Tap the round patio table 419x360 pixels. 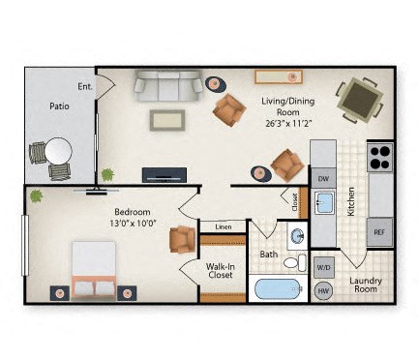point(58,152)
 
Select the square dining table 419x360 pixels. point(359,99)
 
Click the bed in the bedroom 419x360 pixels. point(94,268)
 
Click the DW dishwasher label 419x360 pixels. point(323,178)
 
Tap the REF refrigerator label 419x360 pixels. point(379,232)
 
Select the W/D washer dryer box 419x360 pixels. point(324,267)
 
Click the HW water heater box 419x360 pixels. point(324,290)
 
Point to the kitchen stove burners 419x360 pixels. point(379,156)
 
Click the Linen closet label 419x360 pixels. point(223,227)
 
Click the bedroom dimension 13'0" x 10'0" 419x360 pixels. point(132,218)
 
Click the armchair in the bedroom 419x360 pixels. point(182,238)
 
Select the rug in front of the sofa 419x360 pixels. point(167,119)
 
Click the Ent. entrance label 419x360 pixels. point(85,87)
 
